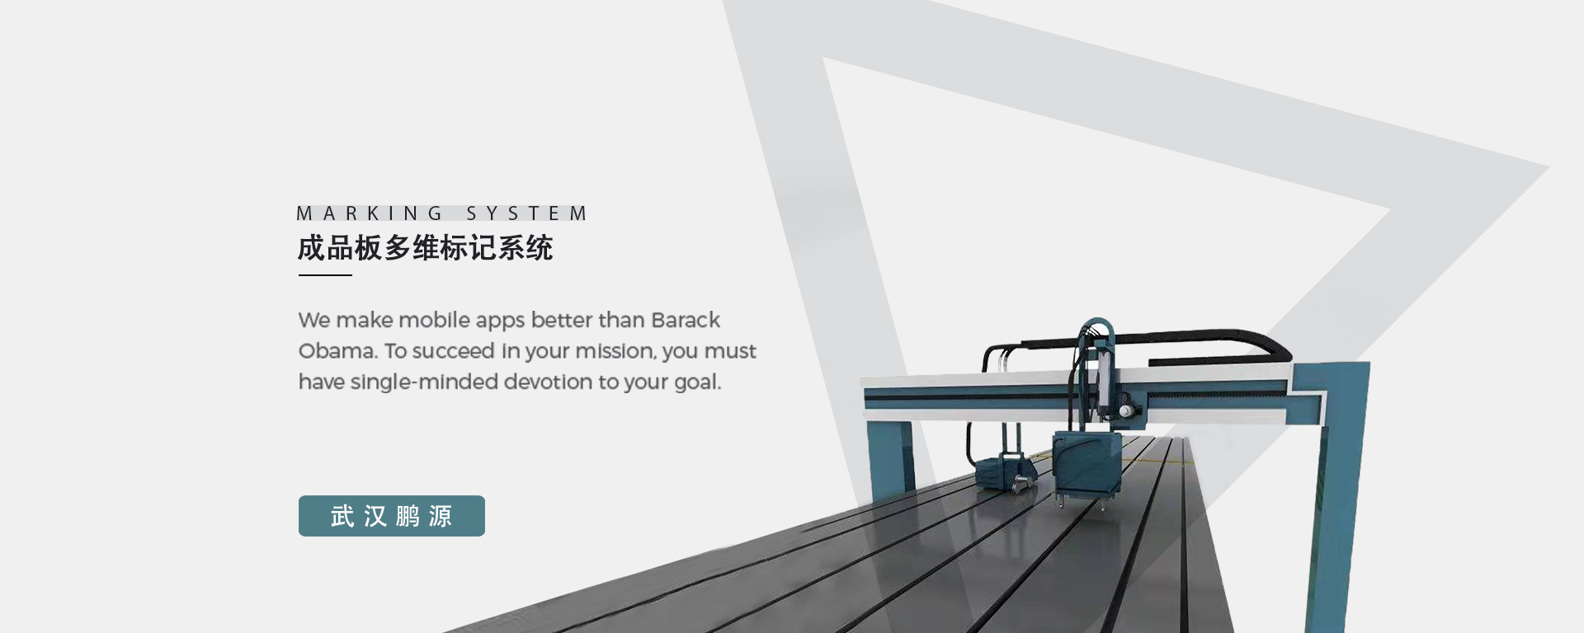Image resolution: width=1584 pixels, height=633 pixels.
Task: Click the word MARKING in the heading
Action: (x=370, y=213)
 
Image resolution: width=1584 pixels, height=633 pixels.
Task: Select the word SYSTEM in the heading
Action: (x=526, y=213)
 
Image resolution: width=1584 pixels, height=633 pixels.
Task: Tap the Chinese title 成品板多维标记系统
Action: (x=425, y=247)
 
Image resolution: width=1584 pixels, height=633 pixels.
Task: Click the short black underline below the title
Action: (x=325, y=275)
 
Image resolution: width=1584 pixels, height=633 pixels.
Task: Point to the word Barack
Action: (x=686, y=320)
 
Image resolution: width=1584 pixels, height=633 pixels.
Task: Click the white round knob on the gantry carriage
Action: (x=1124, y=410)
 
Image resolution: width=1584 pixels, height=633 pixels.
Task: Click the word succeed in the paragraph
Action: (x=453, y=351)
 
